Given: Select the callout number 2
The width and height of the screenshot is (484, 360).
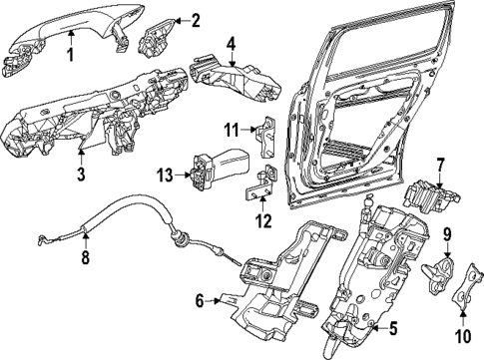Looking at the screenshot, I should point(196,19).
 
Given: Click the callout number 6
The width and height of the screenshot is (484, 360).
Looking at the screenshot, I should point(200,299).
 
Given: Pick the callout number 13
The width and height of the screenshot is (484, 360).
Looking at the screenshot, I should point(165,176).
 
